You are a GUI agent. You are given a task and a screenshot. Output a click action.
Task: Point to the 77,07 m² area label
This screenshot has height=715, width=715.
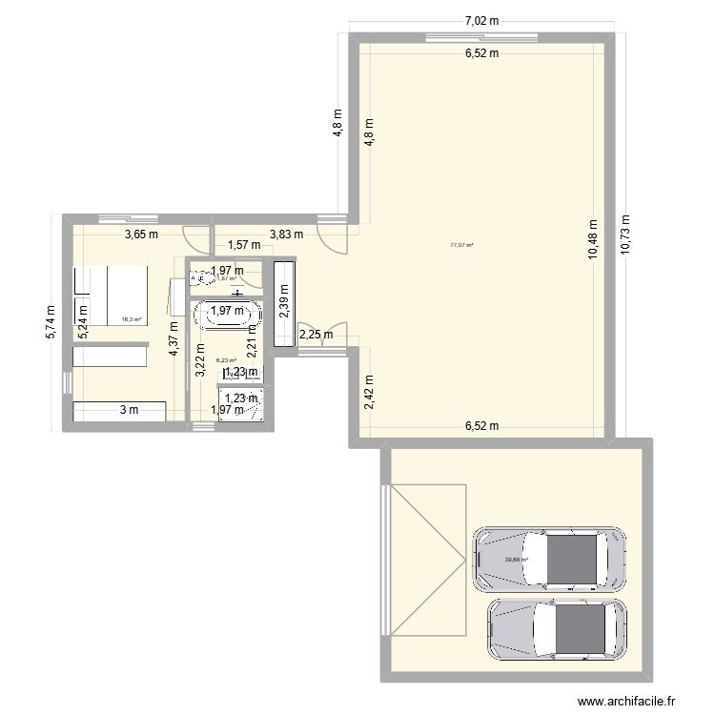462,245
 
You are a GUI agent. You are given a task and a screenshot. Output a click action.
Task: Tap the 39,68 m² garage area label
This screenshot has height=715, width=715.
516,560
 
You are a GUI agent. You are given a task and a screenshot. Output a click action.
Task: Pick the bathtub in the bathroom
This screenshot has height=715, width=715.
225,314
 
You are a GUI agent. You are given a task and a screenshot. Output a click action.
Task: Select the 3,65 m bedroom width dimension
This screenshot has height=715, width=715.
139,234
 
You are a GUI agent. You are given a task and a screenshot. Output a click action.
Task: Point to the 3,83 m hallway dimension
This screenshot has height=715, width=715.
286,234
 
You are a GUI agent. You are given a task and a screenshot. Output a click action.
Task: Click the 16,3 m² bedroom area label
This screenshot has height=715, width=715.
131,320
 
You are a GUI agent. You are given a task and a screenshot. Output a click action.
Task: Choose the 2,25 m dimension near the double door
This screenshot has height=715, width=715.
316,334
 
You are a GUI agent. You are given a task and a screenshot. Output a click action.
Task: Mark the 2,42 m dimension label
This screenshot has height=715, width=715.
369,392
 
